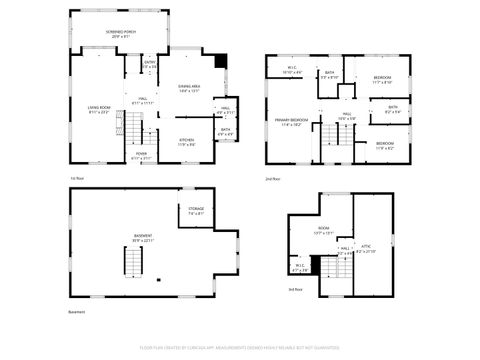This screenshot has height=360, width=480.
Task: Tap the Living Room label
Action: [98, 111]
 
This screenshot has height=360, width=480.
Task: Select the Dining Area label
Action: [190, 89]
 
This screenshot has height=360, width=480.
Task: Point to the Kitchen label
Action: [186, 143]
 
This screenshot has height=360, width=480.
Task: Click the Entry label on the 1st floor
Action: [149, 64]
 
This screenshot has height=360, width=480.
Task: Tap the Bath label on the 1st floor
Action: [226, 131]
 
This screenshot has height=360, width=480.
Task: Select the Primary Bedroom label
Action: [291, 122]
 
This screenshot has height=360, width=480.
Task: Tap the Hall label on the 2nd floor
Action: [347, 116]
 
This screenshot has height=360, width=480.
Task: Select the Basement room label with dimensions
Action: [143, 238]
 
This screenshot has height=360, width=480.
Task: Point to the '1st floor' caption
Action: [76, 178]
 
